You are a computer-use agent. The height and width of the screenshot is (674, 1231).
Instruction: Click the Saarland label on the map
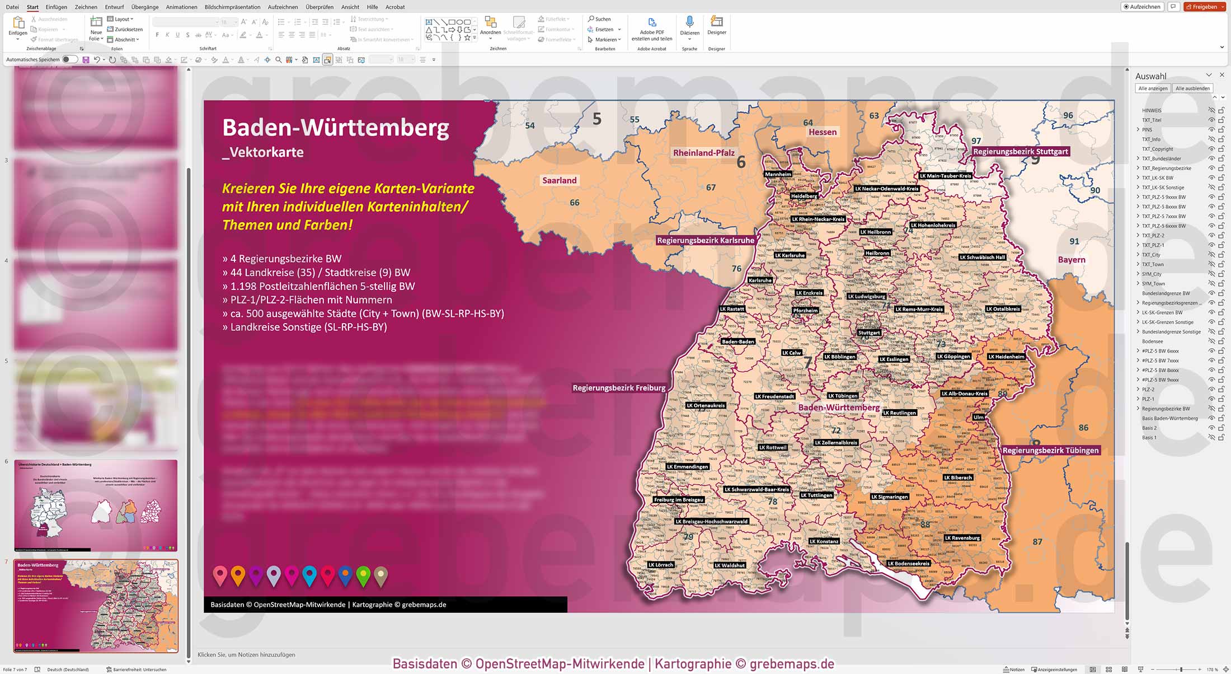[559, 180]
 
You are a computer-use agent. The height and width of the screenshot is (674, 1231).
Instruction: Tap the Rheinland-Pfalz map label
[703, 153]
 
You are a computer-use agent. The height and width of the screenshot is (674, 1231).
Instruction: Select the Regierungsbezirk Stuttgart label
[1021, 152]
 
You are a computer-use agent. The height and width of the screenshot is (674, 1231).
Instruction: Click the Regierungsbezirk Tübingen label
[1050, 450]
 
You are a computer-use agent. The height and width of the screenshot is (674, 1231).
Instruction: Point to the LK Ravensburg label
[962, 538]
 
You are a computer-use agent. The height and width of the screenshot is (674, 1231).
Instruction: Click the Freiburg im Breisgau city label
[678, 500]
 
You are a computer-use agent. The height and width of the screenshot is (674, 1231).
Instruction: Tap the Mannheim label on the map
[778, 174]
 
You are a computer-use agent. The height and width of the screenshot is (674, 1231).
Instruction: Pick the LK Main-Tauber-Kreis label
[945, 176]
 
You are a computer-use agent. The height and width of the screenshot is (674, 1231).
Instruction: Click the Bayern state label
[1071, 260]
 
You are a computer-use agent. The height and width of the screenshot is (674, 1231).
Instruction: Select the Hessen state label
[823, 132]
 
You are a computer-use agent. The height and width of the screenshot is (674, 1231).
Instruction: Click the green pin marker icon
[363, 574]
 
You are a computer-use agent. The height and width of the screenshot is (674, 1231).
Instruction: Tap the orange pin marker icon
[238, 574]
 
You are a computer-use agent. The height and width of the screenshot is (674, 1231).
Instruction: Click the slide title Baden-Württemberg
[335, 128]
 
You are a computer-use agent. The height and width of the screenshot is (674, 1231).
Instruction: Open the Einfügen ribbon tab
[56, 7]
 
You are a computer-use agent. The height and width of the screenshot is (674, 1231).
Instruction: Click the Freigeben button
[1204, 7]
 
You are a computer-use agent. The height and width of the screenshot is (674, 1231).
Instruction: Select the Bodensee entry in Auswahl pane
[1152, 341]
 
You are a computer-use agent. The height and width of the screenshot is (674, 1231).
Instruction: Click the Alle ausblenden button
[1192, 88]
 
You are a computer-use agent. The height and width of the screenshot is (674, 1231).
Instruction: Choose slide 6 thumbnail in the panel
[96, 505]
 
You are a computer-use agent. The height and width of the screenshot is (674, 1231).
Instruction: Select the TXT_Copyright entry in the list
[1157, 149]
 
